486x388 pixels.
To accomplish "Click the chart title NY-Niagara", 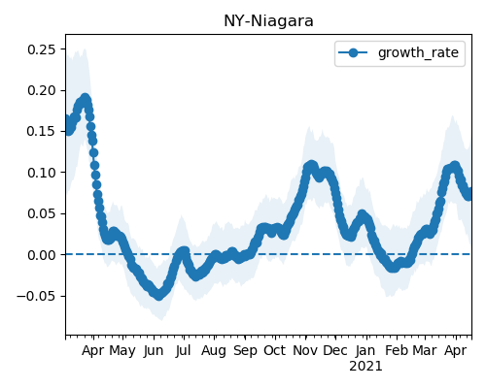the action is [x=268, y=21].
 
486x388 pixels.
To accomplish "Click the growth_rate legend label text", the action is [x=418, y=53].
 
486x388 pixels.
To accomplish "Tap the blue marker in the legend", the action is [x=353, y=52].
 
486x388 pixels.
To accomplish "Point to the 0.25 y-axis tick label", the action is [x=42, y=49].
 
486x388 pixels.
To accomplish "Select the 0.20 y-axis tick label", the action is [x=42, y=90].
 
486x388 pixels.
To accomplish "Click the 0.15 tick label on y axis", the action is [x=42, y=132].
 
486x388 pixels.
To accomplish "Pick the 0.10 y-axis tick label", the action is [x=42, y=173].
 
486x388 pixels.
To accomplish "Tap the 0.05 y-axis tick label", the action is [x=42, y=213].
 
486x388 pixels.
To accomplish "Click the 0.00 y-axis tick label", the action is [x=42, y=255].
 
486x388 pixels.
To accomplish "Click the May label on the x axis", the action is [x=122, y=351].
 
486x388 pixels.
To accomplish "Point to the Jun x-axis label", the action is [x=154, y=351].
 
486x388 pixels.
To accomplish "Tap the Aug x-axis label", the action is [x=214, y=351].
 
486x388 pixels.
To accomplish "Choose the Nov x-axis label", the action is [x=305, y=350].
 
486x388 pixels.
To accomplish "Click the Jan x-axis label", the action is [x=365, y=351].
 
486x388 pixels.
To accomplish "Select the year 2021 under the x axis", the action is [x=365, y=367].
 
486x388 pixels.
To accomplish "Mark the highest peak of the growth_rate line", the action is [x=85, y=98].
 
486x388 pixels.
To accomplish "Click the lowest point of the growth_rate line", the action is [x=158, y=295].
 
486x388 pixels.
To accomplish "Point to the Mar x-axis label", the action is [x=425, y=350].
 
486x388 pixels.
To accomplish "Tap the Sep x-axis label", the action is [x=245, y=351].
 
